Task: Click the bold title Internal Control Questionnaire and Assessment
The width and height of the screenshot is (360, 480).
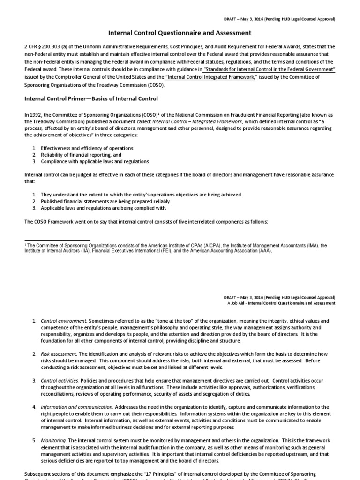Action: coord(180,33)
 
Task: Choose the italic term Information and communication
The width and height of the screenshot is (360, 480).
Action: coord(77,407)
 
